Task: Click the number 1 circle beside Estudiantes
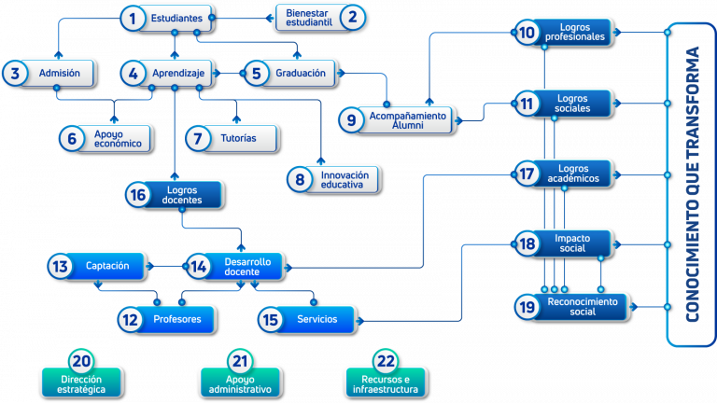click(x=134, y=19)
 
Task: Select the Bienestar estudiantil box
click(x=320, y=18)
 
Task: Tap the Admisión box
click(x=49, y=73)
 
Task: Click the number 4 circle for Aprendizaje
click(x=134, y=73)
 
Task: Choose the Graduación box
click(x=291, y=73)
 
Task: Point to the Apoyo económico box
click(x=105, y=138)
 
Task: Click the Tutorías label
click(x=238, y=138)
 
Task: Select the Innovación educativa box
click(x=334, y=179)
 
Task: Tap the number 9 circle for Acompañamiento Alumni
click(x=351, y=120)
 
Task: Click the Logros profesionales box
click(x=564, y=33)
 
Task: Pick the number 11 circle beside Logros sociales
click(x=527, y=104)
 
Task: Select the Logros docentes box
click(x=175, y=195)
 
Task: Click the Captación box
click(x=97, y=266)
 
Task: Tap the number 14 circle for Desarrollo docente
click(x=199, y=266)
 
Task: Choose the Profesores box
click(x=167, y=319)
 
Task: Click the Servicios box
click(x=307, y=319)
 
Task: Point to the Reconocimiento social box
click(x=571, y=307)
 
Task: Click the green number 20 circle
click(x=81, y=361)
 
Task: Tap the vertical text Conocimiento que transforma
click(x=693, y=184)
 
